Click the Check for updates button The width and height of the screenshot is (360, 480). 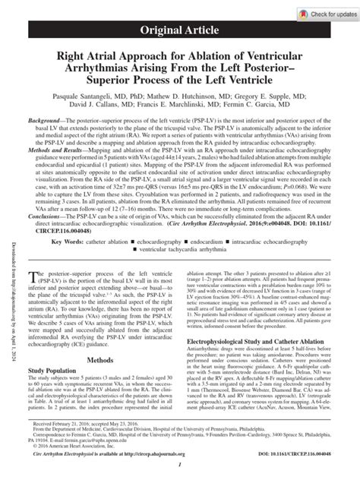(320, 14)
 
